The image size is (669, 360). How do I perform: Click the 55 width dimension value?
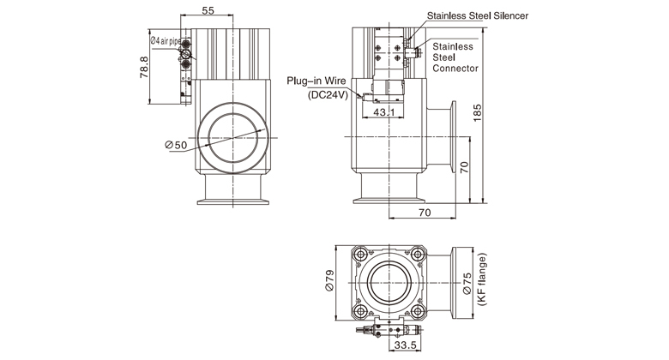(x=208, y=10)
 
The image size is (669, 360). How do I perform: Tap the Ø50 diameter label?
(x=177, y=146)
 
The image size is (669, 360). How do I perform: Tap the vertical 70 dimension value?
(x=464, y=168)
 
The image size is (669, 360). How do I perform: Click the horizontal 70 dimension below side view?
(x=424, y=210)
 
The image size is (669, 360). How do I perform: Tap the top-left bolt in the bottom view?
(x=359, y=253)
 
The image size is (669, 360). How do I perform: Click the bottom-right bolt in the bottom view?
(x=417, y=310)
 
